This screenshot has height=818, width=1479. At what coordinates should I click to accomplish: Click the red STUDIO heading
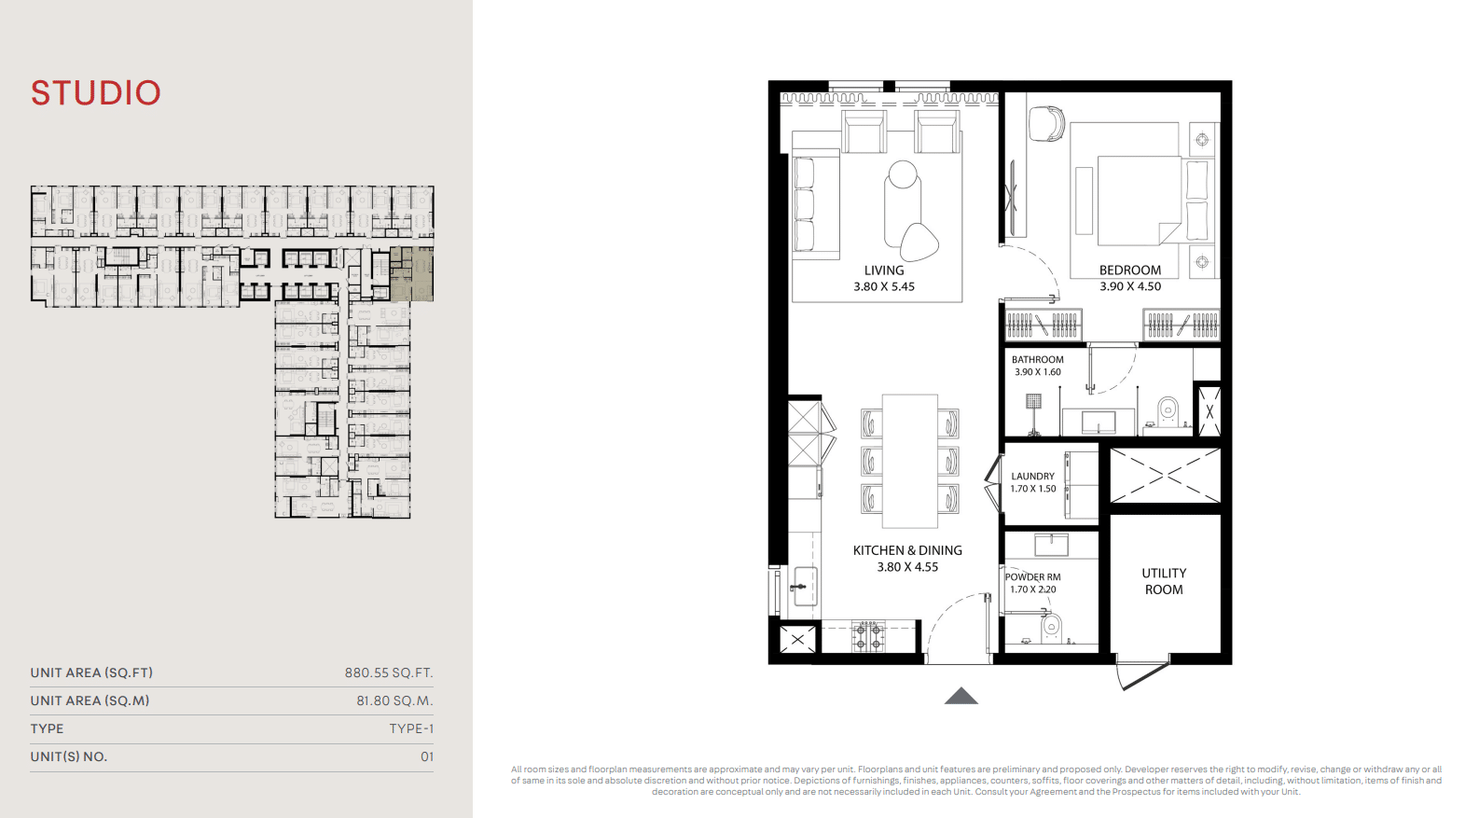[x=96, y=93]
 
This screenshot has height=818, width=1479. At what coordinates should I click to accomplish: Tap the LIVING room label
[x=883, y=270]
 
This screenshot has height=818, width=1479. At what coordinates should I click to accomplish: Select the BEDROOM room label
[x=1129, y=270]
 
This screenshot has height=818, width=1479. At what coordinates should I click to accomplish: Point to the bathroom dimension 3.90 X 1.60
[x=1037, y=372]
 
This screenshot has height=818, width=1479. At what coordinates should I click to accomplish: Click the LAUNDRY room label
[x=1032, y=476]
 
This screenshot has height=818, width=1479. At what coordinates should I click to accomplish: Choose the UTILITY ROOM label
[x=1164, y=581]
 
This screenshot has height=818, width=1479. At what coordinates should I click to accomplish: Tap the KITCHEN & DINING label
[x=907, y=550]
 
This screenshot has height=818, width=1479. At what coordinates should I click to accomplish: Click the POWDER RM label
[x=1032, y=577]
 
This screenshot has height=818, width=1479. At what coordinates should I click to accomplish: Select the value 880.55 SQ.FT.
[x=389, y=672]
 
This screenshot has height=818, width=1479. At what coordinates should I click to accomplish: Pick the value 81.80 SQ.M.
[x=394, y=700]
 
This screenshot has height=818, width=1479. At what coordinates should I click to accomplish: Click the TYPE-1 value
[x=411, y=728]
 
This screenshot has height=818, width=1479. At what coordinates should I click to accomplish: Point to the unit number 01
[x=427, y=756]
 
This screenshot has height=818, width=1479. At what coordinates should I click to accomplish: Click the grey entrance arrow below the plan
[x=961, y=696]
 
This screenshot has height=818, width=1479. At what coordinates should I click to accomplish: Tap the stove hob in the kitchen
[x=867, y=636]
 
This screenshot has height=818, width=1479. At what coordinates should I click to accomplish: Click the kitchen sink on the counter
[x=804, y=586]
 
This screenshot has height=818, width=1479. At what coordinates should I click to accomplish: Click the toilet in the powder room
[x=1051, y=628]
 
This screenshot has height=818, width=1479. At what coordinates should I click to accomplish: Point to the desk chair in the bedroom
[x=1046, y=124]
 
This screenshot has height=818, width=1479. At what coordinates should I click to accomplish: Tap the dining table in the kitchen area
[x=910, y=461]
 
